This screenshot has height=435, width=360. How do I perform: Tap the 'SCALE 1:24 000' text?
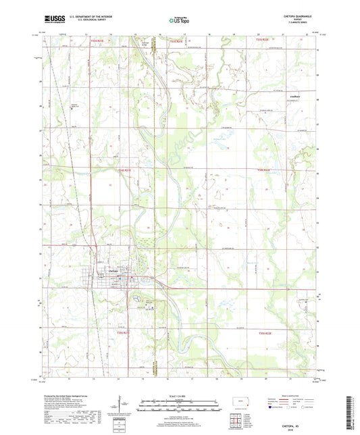coord(180,396)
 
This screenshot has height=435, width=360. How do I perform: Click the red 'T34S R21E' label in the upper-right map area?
coord(263,170)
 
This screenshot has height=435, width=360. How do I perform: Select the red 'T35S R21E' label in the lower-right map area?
coord(263,332)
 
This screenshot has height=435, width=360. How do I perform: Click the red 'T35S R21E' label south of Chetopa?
coord(123,332)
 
